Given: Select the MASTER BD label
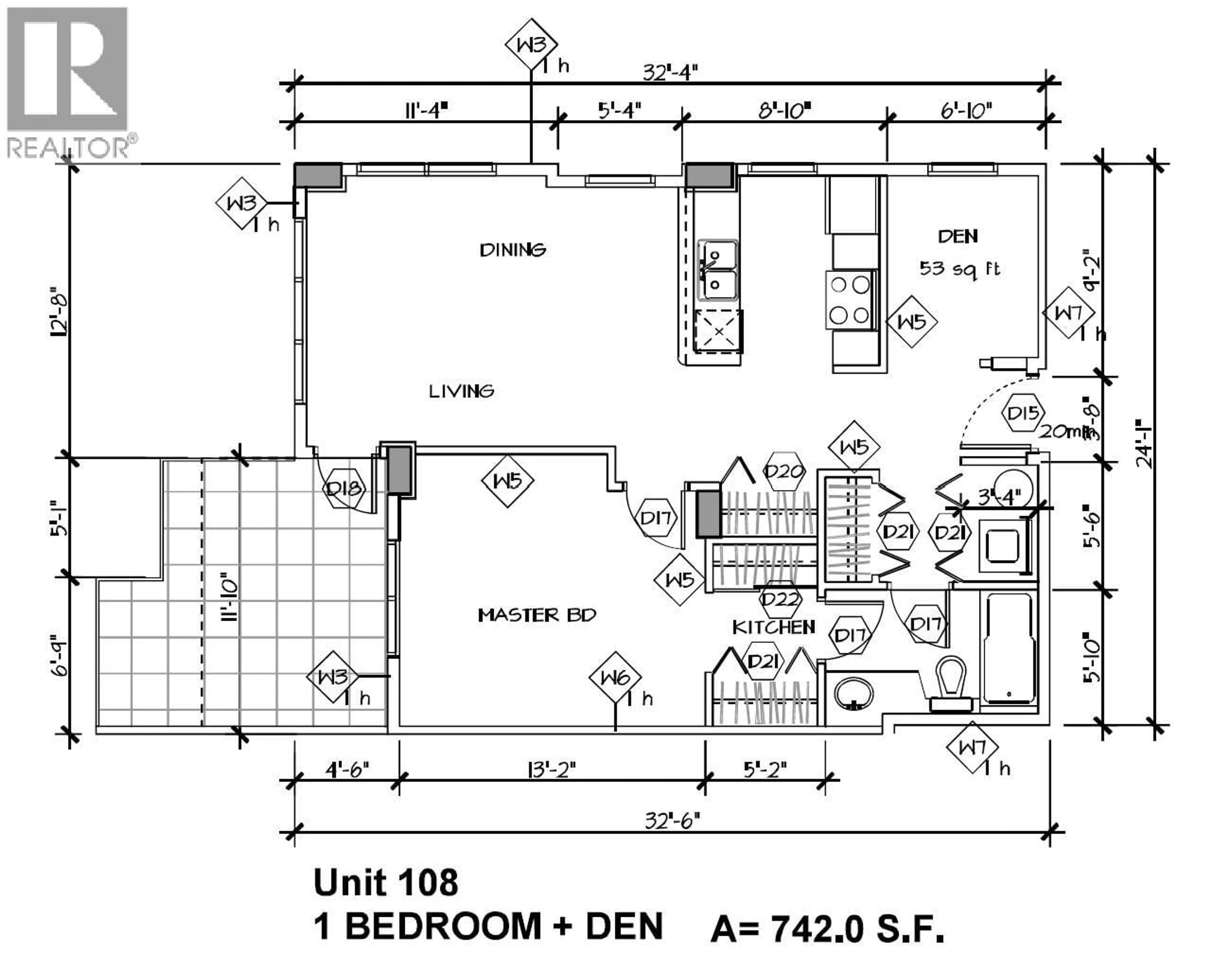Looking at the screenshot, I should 536,616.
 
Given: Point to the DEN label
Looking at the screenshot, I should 958,236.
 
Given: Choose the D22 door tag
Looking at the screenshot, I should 780,600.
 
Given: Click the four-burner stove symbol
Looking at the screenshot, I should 849,300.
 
